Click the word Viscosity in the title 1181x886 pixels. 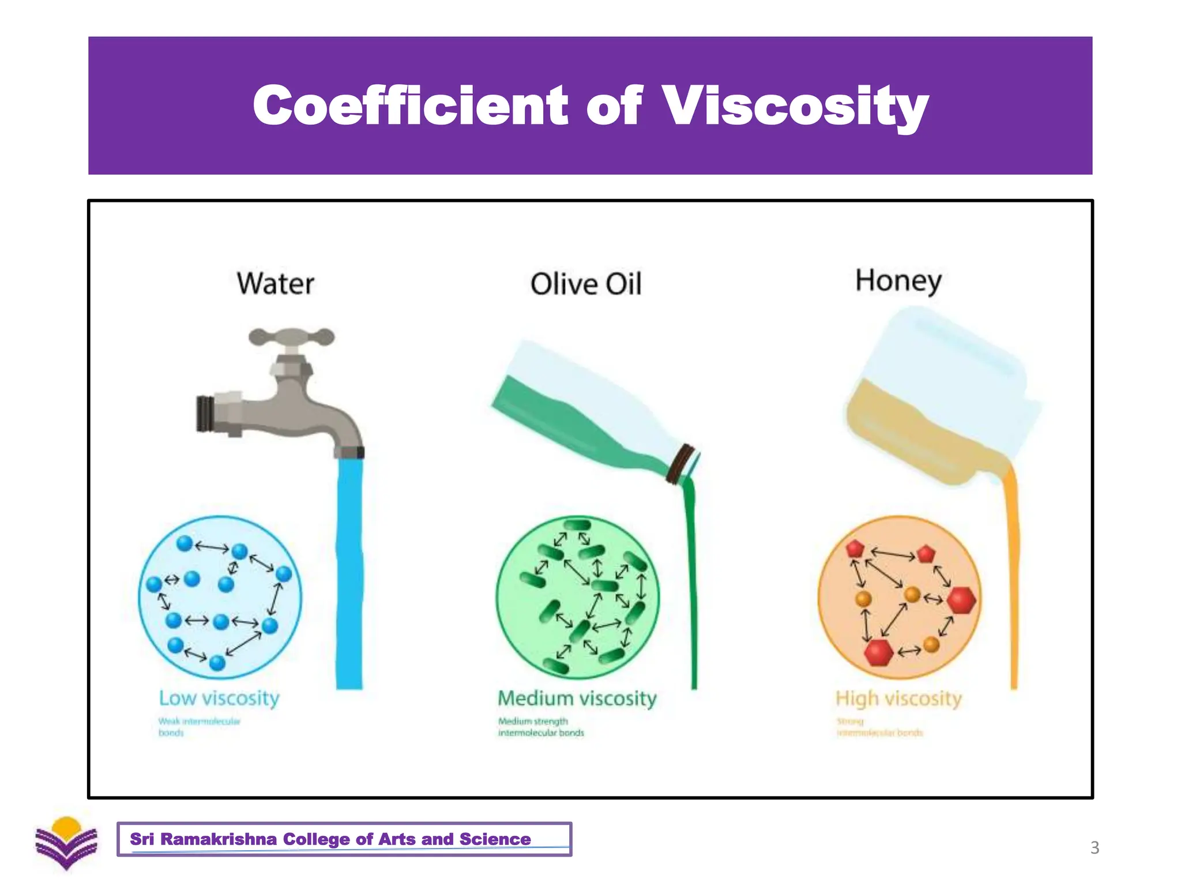click(795, 107)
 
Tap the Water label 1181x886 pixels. click(276, 284)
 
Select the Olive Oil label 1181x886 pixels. click(585, 284)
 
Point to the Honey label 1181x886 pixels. click(898, 281)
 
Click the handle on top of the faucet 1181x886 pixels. click(292, 337)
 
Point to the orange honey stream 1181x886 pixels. click(1012, 577)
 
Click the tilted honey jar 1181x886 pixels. click(940, 398)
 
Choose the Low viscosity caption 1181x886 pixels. click(219, 698)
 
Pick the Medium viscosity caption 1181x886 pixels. click(577, 699)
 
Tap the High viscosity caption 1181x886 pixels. click(898, 699)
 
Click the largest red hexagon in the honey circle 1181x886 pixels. click(961, 600)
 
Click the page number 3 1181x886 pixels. click(1095, 848)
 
